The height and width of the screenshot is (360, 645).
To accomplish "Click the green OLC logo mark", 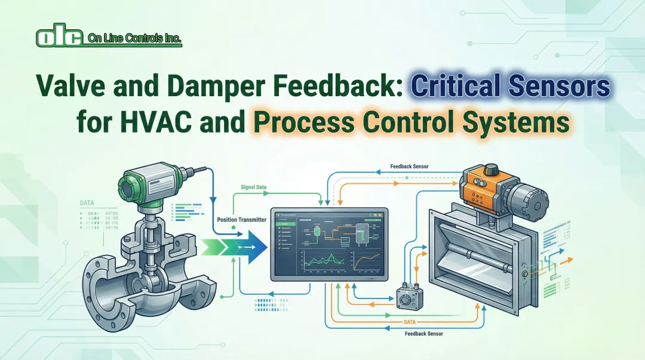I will (59, 37).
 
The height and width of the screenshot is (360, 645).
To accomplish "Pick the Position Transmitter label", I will (242, 220).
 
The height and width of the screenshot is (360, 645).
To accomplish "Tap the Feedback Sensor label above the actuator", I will (409, 166).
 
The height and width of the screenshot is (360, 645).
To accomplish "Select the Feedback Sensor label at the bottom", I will (423, 334).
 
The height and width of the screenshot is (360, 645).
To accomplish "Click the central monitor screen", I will (329, 243).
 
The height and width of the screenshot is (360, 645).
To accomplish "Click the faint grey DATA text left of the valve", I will (87, 203).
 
